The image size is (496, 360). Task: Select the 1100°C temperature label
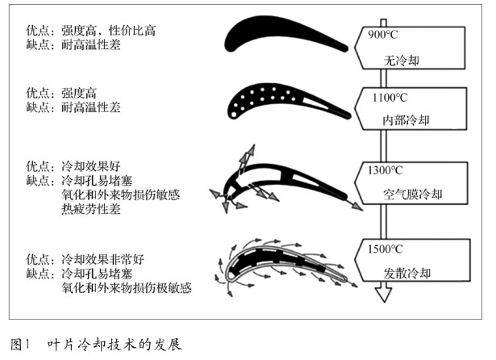click(x=390, y=100)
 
